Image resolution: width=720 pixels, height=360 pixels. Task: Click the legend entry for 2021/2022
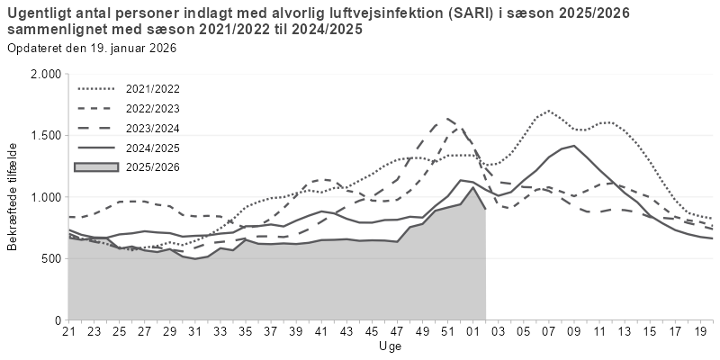153,89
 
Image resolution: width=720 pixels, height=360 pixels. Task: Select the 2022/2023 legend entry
153,108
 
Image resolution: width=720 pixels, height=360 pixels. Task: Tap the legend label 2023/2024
153,128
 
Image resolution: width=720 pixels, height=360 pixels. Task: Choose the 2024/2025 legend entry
153,148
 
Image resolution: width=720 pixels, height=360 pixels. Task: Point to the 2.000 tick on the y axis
44,74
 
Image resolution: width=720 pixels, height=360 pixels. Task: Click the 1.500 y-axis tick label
44,135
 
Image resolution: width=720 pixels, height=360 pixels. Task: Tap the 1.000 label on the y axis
44,197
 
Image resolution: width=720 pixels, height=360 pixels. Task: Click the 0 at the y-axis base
57,319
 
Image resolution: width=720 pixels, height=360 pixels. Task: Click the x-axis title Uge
390,346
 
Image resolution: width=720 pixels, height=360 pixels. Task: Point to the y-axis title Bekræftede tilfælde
13,196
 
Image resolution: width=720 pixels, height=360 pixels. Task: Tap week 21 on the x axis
68,333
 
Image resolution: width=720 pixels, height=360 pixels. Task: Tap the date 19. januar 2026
129,48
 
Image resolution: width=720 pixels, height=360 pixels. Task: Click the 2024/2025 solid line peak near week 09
572,146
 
